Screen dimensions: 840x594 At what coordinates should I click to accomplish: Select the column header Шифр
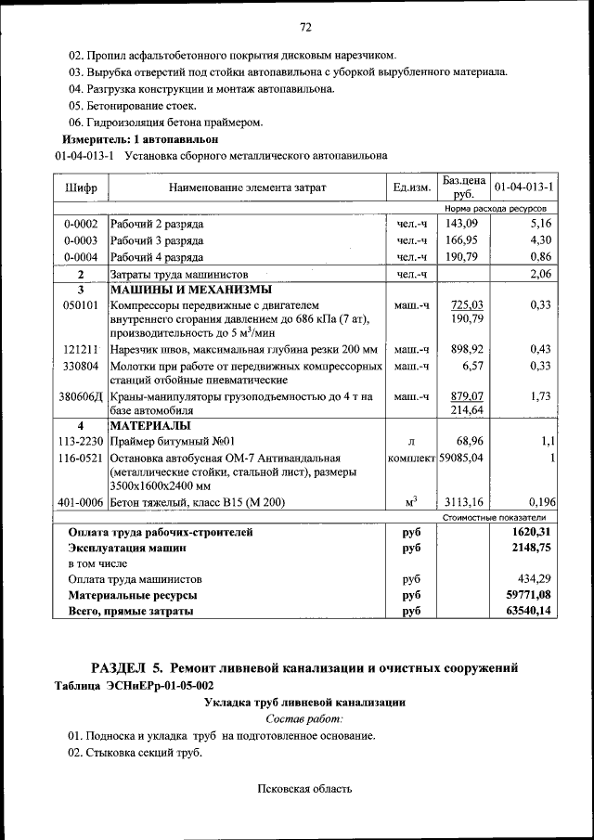tap(81, 187)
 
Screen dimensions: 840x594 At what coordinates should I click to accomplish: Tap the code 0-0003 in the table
tap(81, 240)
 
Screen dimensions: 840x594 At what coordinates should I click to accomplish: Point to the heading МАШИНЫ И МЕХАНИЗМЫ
tap(180, 290)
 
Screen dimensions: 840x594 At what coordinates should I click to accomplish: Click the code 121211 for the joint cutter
tap(81, 349)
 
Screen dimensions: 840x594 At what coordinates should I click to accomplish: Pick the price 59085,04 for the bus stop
tap(461, 458)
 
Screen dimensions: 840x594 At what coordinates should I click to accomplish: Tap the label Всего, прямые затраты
tap(131, 611)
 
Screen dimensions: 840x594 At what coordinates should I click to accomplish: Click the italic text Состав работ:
tap(304, 719)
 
